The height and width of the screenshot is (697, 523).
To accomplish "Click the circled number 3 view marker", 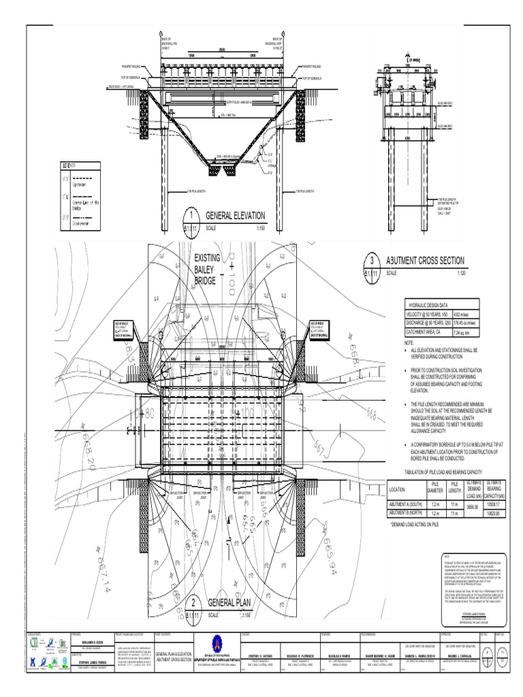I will [372, 261].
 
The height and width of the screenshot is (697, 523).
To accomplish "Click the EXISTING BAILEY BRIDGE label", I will [209, 270].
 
